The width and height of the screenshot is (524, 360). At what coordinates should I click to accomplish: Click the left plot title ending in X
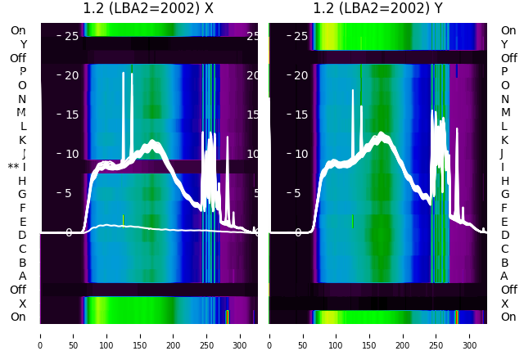coord(148,9)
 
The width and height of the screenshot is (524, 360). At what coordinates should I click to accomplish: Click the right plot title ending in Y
coord(377,9)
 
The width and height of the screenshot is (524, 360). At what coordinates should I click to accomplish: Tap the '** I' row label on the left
coord(17,167)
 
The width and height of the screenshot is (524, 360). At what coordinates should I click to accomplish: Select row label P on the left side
coord(23,72)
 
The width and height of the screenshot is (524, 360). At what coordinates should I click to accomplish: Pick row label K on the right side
coord(504,140)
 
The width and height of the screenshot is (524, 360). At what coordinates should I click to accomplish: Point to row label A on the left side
coord(23,277)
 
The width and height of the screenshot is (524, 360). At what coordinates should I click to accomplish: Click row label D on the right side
coord(504,236)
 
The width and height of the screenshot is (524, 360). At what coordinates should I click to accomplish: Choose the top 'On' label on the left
coord(18,31)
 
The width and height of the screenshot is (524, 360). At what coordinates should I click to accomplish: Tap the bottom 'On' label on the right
coord(508,317)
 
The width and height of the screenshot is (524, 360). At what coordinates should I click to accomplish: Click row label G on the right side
coord(504,195)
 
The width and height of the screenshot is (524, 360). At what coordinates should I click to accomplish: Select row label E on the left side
coord(23,222)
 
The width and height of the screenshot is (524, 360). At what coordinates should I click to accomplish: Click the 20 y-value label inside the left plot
coord(71,75)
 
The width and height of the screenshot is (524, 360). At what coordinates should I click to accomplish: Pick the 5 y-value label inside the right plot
coord(301,193)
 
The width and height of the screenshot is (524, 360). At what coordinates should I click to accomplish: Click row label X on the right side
coord(504,304)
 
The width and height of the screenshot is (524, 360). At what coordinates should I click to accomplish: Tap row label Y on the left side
coord(23,44)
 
